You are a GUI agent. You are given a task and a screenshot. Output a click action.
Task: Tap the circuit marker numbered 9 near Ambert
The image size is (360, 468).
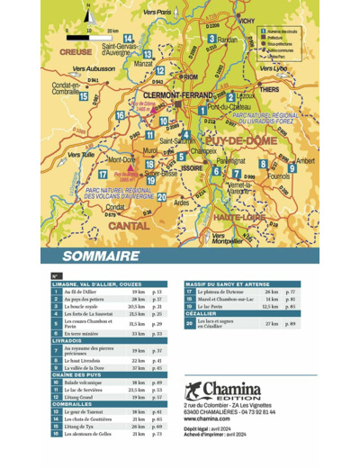[292, 168]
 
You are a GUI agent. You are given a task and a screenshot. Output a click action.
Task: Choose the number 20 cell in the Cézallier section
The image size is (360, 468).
[188, 323]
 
